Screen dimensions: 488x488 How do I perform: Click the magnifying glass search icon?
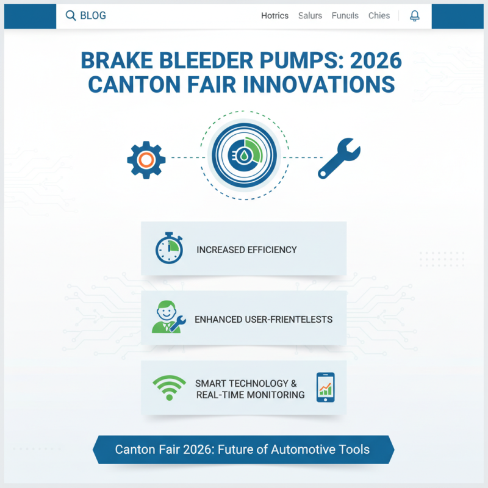click(x=71, y=15)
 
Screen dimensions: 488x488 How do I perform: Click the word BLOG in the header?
click(x=93, y=15)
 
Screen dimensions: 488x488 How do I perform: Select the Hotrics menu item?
click(x=274, y=16)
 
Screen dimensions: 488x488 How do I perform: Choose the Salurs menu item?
click(x=310, y=16)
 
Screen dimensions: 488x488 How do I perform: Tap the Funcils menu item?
click(x=345, y=16)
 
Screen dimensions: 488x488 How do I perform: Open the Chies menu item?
click(x=379, y=16)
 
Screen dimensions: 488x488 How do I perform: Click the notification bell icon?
click(x=415, y=15)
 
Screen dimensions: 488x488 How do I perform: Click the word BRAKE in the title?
click(x=115, y=61)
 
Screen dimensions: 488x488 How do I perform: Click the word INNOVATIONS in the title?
click(x=319, y=84)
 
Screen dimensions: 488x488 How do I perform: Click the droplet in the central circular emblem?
click(x=243, y=156)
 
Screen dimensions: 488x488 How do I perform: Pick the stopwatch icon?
click(x=168, y=249)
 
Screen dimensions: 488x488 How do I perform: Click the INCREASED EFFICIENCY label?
click(x=246, y=249)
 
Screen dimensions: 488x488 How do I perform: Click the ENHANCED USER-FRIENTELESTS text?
click(x=263, y=319)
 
